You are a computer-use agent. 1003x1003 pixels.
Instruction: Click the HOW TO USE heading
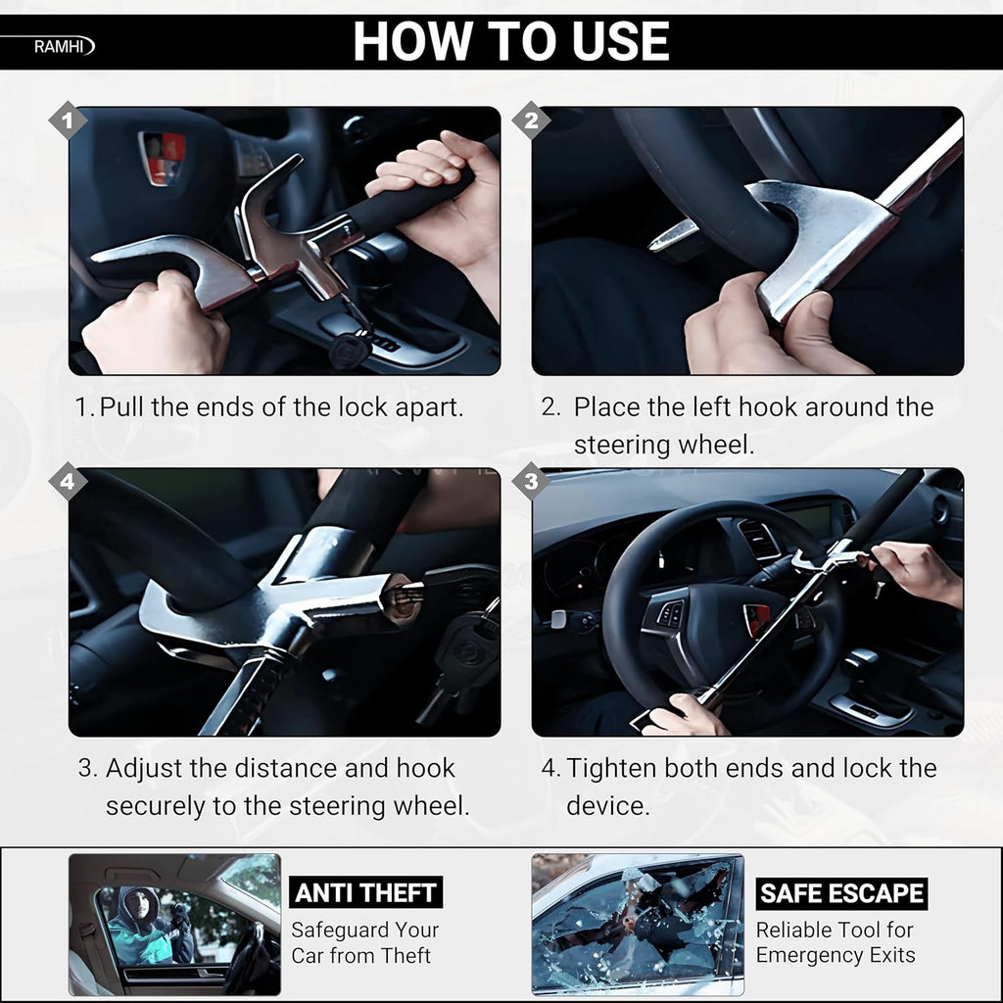(x=510, y=42)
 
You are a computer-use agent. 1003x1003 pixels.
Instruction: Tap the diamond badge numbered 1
(x=68, y=121)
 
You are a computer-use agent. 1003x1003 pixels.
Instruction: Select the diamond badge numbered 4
(x=68, y=483)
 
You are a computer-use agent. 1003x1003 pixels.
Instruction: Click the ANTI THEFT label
(x=365, y=892)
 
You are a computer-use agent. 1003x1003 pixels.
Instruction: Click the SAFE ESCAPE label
(x=841, y=893)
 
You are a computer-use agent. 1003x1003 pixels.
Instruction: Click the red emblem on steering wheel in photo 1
(x=163, y=158)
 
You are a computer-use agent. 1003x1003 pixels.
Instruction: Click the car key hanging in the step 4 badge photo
(x=457, y=652)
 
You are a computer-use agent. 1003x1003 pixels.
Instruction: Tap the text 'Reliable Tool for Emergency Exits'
(x=835, y=942)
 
